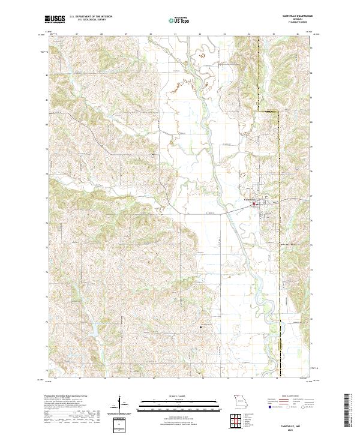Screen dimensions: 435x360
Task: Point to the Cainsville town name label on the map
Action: tap(249, 199)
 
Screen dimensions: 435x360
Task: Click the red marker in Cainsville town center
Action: tap(254, 204)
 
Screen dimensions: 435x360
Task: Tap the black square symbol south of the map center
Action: tap(200, 327)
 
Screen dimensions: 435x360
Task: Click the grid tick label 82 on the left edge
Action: tap(47, 74)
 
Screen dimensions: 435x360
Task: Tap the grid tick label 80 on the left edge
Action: tap(47, 124)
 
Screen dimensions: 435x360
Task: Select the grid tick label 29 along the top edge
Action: tap(125, 35)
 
